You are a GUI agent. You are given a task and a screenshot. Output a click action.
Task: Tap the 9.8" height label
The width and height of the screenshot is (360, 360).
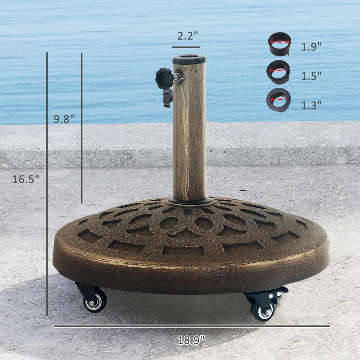(x=64, y=119)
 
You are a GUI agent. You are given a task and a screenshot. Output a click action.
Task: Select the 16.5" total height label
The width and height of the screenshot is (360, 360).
(x=26, y=179)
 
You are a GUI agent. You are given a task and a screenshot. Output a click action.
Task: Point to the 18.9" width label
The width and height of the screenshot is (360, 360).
(x=191, y=340)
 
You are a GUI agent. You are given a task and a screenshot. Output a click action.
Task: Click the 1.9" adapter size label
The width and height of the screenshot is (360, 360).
(x=311, y=46)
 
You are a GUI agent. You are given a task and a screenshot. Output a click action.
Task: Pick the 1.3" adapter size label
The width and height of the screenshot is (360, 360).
(x=311, y=105)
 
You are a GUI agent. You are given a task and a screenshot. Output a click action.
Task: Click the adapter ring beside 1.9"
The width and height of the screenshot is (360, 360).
(x=279, y=44)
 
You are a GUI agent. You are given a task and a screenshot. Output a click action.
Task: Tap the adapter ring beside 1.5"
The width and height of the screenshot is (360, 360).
(x=279, y=72)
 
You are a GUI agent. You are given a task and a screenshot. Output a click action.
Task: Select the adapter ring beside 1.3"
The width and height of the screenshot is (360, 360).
(x=279, y=100)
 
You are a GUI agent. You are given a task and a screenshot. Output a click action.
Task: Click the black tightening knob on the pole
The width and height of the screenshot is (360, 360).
(x=164, y=79)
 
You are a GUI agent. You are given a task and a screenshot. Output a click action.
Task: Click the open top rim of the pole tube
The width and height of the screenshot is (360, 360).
(x=189, y=59)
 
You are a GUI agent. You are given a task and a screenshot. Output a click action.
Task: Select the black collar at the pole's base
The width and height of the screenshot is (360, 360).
(x=189, y=201)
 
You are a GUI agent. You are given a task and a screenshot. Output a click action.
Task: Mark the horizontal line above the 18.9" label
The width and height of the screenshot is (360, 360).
(x=192, y=326)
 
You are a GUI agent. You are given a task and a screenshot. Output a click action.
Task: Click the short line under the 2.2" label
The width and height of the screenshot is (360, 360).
(x=185, y=46)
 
